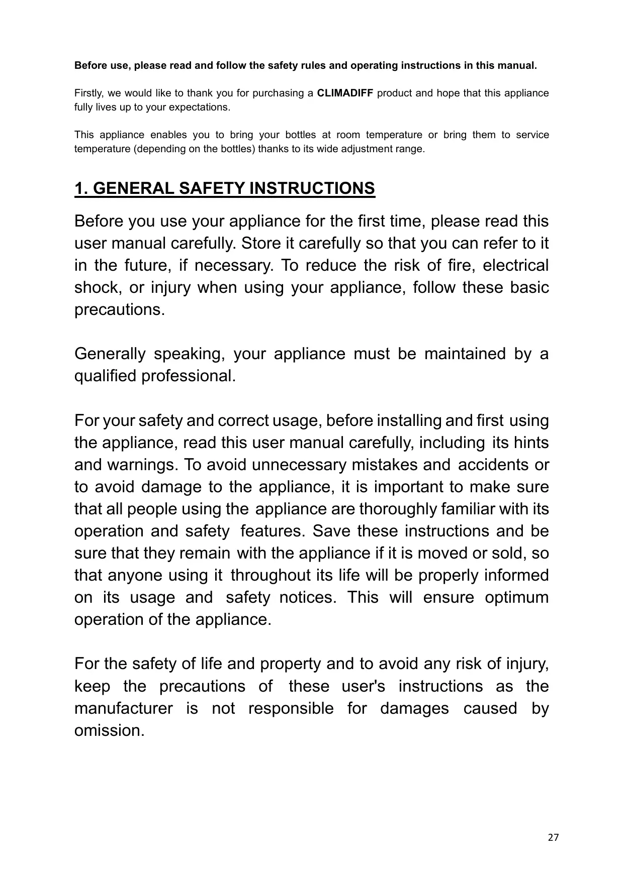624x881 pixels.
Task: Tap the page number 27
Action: pos(553,837)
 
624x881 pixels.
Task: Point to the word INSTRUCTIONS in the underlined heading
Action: pos(312,188)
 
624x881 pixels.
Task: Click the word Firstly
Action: pos(87,93)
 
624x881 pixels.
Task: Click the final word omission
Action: pos(109,731)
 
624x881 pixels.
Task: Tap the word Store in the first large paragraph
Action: pos(260,244)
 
